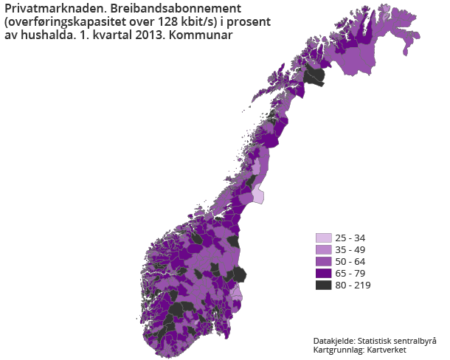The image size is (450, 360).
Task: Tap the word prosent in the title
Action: [248, 21]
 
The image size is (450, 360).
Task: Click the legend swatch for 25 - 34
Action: [323, 238]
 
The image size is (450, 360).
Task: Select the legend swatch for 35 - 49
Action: [323, 250]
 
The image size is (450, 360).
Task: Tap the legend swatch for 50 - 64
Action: [323, 262]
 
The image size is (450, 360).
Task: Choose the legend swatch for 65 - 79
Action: [323, 274]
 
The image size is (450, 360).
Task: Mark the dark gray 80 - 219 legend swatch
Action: [323, 285]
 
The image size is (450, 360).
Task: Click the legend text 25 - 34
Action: [350, 238]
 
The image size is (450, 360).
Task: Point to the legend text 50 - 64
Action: [350, 262]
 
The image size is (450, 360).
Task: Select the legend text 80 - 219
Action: [353, 285]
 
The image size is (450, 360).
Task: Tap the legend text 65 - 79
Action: [350, 274]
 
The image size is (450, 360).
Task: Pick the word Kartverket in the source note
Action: [387, 350]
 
